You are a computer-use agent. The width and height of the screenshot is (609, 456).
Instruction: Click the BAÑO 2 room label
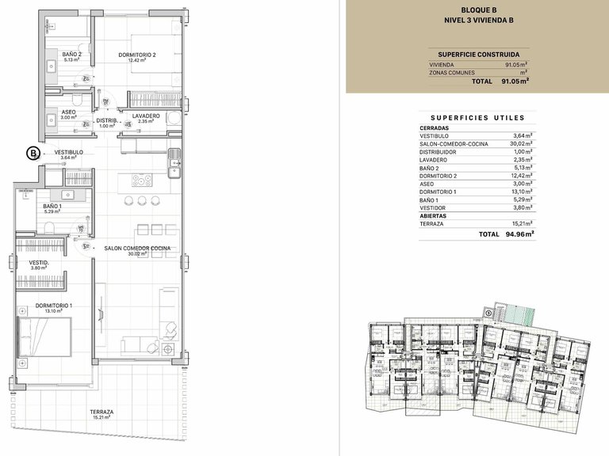72,54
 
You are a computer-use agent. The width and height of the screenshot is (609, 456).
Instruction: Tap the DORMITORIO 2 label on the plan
137,55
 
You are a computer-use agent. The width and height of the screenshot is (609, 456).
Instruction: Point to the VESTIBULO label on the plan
69,152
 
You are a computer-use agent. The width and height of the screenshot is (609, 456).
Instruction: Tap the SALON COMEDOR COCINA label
137,248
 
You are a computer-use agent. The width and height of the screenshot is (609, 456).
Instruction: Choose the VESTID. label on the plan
40,262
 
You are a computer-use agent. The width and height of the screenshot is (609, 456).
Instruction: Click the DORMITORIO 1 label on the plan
54,306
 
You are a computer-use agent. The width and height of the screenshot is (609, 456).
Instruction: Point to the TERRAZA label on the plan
101,412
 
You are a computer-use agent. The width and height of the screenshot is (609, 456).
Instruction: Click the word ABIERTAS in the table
433,215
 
